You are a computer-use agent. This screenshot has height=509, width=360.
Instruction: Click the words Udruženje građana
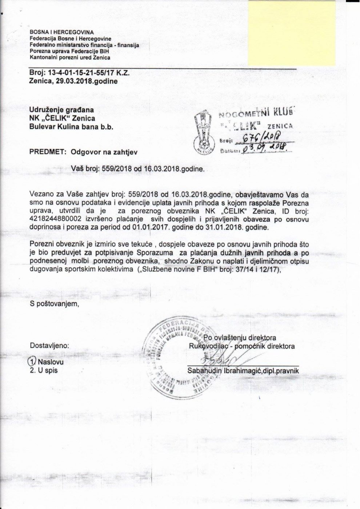point(61,110)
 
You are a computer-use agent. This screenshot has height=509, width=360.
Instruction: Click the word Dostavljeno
point(49,345)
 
